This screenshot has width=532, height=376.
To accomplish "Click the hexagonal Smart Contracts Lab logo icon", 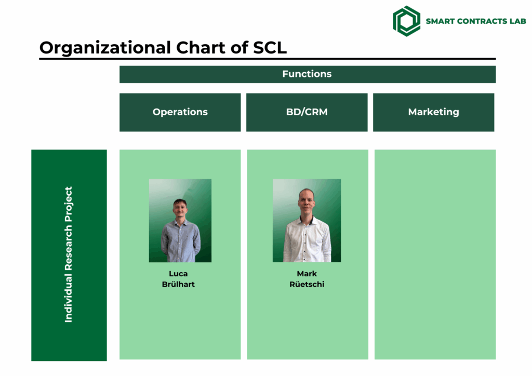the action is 406,21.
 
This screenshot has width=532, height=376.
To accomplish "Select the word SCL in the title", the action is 270,47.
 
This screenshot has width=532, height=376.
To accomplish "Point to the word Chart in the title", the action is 201,47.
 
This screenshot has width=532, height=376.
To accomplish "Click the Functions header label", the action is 307,74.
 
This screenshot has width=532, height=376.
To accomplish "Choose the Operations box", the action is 180,112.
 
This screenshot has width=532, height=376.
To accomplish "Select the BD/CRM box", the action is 307,112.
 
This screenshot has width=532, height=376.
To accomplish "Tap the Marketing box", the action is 434,112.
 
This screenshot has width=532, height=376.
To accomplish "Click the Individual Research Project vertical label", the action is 69,254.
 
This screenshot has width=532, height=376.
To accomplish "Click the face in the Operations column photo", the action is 180,208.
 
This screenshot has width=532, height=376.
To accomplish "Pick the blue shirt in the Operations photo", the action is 180,241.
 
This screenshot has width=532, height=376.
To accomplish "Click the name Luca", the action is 178,274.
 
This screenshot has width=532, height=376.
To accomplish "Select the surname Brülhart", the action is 178,284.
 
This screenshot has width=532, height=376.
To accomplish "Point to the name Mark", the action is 307,274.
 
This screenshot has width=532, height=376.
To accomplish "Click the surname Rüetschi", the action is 307,284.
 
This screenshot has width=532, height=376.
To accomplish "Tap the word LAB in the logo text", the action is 518,21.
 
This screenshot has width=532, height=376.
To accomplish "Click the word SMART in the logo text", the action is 440,21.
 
